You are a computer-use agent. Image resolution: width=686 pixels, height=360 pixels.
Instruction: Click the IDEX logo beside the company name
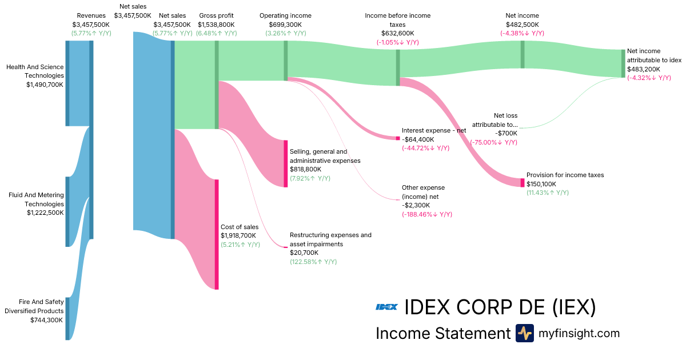(x=386, y=307)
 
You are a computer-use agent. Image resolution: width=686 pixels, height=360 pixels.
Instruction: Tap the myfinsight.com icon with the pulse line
(x=524, y=333)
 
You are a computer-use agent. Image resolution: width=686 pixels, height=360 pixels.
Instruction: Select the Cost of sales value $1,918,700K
(x=238, y=235)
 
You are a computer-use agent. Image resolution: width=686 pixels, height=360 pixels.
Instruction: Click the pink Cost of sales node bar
(x=217, y=234)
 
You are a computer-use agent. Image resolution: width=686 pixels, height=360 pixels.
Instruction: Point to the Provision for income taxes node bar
(x=522, y=182)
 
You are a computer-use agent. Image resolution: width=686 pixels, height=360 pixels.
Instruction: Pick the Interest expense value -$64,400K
(x=418, y=139)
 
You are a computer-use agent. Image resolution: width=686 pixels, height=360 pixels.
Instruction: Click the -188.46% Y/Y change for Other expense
(x=427, y=214)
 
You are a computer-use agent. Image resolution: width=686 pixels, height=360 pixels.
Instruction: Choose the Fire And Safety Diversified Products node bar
(x=67, y=318)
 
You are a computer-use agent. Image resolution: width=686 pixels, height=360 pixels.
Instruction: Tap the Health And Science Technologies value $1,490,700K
(x=45, y=85)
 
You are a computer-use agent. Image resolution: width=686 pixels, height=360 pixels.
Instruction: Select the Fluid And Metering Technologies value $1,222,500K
(x=45, y=213)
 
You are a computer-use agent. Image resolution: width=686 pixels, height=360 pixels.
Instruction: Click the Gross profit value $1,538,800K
(x=216, y=25)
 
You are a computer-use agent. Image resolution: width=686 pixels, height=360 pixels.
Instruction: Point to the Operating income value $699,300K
(x=285, y=25)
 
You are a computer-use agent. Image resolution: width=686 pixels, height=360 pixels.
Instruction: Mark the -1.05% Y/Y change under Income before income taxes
(x=397, y=42)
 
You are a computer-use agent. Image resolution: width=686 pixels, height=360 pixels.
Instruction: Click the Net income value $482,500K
(x=522, y=25)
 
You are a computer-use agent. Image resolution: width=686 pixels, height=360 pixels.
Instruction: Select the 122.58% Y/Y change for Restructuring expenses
(x=313, y=262)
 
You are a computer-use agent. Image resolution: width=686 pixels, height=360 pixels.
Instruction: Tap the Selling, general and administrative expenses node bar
(x=286, y=163)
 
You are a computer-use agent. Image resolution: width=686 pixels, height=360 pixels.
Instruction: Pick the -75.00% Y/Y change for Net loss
(x=494, y=142)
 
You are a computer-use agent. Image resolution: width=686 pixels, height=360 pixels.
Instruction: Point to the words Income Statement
(x=442, y=333)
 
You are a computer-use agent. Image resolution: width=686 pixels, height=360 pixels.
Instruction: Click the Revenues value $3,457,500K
(x=91, y=25)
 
